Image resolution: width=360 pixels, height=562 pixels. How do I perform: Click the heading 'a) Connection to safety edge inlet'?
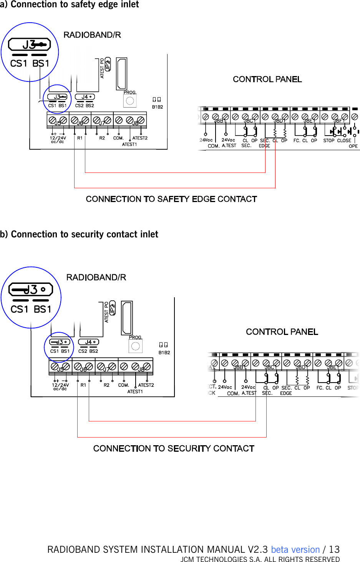click(70, 5)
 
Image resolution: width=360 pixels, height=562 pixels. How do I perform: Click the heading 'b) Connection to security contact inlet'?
click(79, 234)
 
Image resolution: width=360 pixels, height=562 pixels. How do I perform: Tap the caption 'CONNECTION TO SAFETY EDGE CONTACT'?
click(171, 199)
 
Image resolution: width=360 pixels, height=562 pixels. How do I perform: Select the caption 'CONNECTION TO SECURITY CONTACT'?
click(174, 448)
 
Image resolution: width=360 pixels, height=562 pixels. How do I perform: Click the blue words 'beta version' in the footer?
click(295, 549)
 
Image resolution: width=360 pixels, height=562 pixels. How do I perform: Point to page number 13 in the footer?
click(334, 549)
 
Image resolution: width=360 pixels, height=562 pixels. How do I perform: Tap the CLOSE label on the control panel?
click(344, 141)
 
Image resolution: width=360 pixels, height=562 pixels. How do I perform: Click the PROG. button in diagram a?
click(130, 101)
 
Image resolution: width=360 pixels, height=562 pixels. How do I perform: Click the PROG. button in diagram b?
click(135, 346)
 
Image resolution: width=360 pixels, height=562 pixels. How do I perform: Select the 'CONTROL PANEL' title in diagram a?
click(267, 79)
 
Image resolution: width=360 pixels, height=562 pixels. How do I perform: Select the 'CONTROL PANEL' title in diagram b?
click(282, 332)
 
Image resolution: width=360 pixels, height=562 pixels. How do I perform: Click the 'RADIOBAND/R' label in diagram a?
click(92, 35)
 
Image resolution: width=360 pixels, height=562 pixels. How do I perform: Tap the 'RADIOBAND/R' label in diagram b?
click(96, 277)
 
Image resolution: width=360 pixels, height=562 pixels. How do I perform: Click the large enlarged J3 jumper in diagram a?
click(30, 45)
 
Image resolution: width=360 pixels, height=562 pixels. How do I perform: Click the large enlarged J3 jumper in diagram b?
click(30, 289)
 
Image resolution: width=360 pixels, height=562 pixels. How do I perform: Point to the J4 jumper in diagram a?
click(85, 97)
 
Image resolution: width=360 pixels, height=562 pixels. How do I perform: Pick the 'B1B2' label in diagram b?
click(164, 352)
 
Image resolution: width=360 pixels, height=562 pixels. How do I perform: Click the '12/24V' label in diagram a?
click(58, 138)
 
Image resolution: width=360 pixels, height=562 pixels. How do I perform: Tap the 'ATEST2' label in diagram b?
click(146, 385)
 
